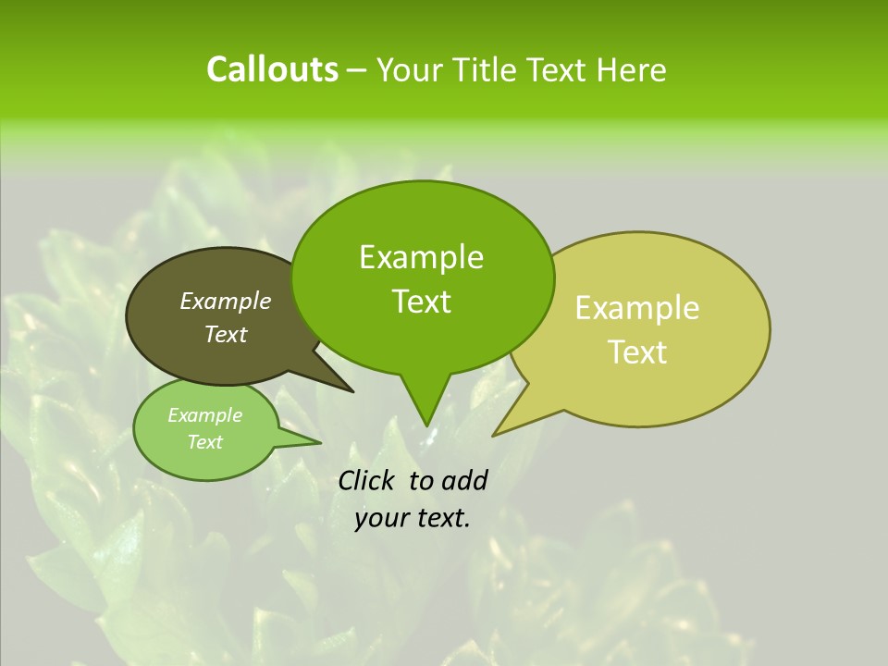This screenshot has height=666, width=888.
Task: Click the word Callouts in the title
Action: coord(272,69)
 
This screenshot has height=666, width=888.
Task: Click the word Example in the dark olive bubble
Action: coord(226,301)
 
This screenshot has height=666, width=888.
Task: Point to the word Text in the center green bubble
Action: coord(422,302)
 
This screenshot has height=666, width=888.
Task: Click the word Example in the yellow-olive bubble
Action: coord(637,308)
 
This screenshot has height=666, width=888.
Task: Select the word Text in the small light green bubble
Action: coord(205,442)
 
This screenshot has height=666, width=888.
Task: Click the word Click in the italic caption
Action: coord(367,480)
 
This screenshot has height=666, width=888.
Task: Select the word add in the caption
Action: coord(464,480)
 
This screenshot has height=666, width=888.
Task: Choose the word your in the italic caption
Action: coord(380,518)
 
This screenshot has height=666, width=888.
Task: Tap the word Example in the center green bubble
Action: coord(422,257)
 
